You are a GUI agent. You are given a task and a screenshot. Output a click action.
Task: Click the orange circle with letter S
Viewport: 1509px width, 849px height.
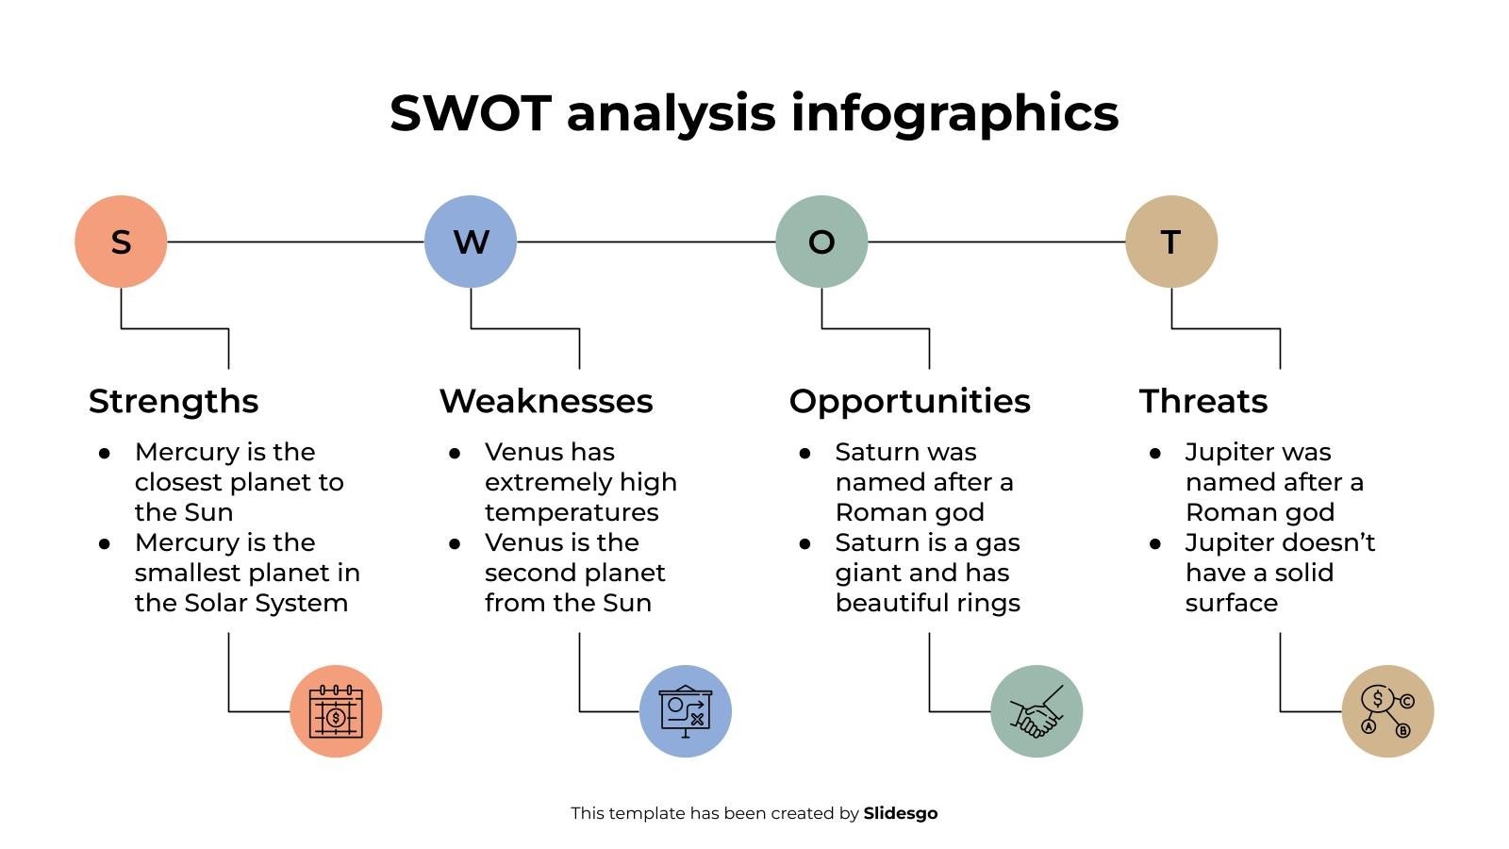tap(121, 241)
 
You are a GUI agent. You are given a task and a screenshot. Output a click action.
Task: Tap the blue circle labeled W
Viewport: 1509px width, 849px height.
tap(471, 241)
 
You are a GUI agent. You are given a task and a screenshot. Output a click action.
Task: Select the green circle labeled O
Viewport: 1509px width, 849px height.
tap(821, 241)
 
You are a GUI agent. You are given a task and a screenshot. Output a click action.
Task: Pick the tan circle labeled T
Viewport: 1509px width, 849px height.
tap(1171, 241)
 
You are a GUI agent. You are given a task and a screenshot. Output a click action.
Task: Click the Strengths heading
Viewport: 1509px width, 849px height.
tap(174, 401)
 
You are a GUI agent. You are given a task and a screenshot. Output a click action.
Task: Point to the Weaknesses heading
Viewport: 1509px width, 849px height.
tap(546, 401)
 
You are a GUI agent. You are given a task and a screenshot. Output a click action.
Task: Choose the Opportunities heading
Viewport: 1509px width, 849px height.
tap(909, 401)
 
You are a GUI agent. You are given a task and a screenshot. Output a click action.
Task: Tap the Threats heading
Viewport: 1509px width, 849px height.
tap(1202, 401)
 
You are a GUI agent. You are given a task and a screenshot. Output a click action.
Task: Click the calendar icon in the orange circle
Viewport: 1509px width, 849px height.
tap(336, 711)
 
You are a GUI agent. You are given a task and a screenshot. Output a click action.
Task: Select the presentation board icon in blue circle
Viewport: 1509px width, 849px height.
tap(686, 711)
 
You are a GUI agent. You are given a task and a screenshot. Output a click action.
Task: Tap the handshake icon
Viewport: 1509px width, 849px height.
tap(1036, 711)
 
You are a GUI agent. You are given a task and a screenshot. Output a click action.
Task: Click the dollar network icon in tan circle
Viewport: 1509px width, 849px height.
tap(1387, 711)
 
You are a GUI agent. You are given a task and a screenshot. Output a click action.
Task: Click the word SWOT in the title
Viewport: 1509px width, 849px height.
tap(470, 113)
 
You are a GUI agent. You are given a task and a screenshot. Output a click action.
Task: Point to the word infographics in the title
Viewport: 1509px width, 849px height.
tap(954, 113)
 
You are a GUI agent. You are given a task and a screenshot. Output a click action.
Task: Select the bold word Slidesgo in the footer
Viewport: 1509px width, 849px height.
tap(901, 813)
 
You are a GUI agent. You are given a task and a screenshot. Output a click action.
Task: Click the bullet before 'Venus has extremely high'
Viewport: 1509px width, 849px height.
tap(455, 454)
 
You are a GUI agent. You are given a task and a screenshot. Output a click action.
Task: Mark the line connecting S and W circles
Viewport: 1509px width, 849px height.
tap(295, 242)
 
